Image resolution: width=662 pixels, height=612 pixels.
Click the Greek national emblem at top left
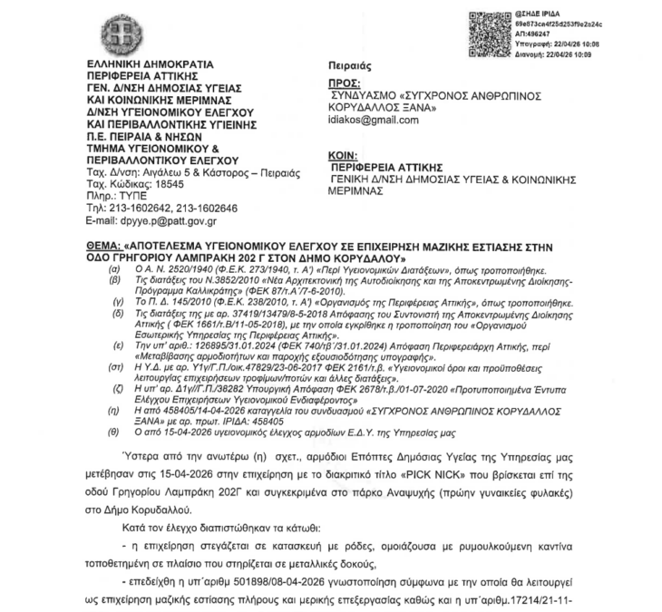click(x=119, y=34)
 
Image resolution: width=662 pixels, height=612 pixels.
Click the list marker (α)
click(x=113, y=270)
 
